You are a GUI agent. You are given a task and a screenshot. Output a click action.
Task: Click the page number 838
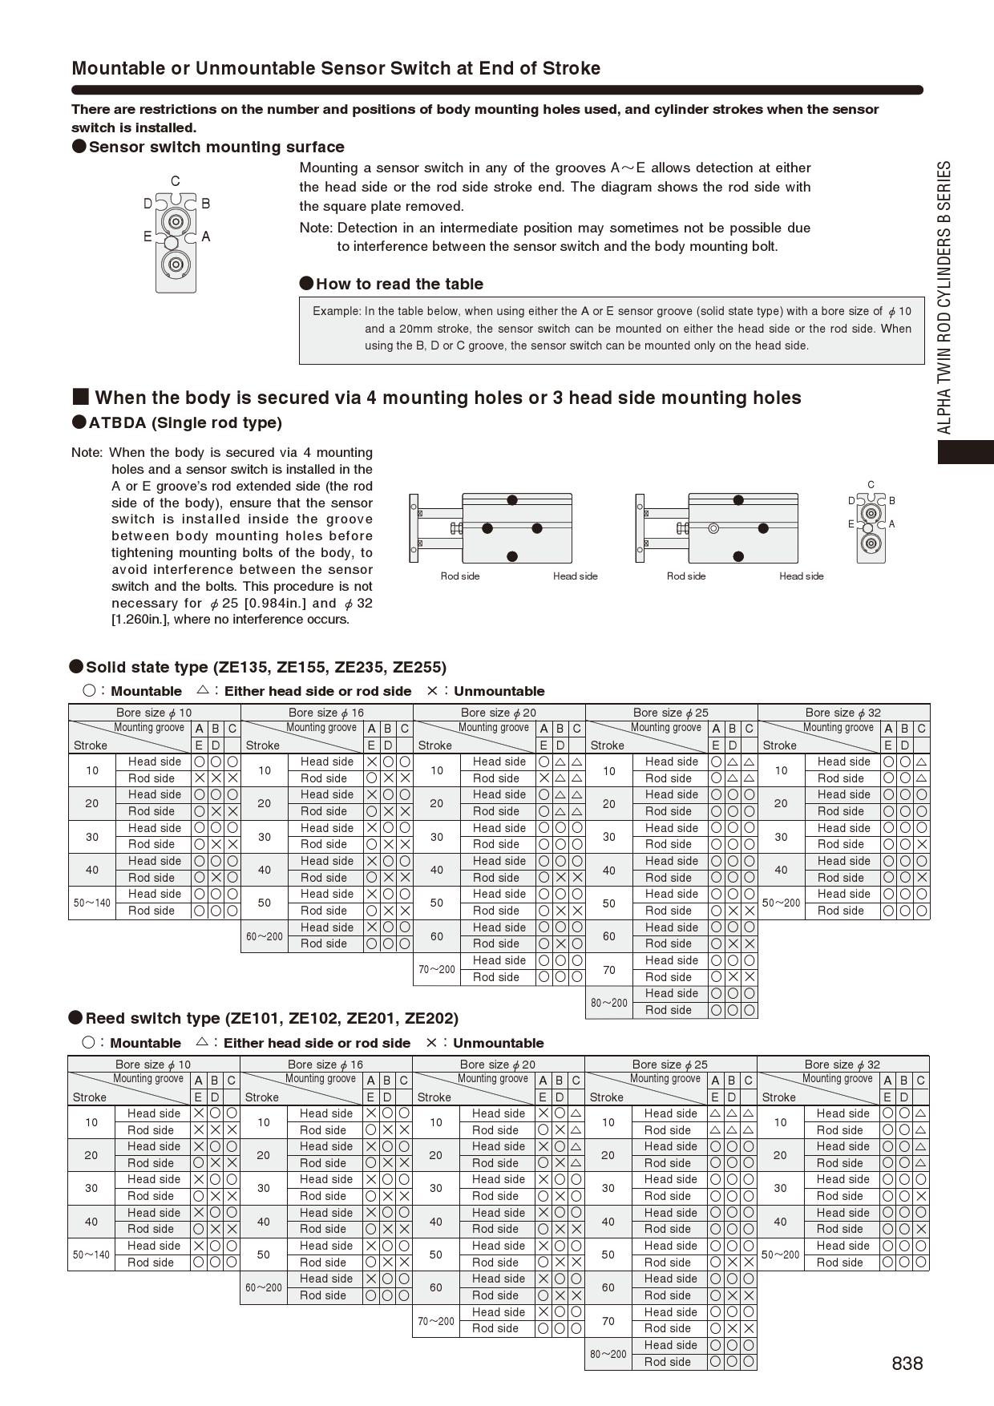click(907, 1364)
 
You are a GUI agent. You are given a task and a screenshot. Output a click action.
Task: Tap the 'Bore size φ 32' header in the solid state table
click(843, 712)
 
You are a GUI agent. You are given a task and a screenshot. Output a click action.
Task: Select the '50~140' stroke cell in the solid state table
click(92, 903)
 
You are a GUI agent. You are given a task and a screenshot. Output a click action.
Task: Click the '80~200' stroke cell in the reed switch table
click(608, 1354)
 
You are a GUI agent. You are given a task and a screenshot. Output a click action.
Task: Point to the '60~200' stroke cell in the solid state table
click(264, 935)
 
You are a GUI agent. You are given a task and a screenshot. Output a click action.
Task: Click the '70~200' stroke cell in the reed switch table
click(436, 1321)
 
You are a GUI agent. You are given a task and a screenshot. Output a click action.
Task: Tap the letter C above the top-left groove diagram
click(176, 181)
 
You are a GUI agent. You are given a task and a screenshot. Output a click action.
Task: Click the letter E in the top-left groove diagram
click(147, 236)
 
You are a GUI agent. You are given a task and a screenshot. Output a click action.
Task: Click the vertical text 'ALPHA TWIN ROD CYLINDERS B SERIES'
click(945, 297)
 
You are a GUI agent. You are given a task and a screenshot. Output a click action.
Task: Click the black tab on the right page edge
click(966, 452)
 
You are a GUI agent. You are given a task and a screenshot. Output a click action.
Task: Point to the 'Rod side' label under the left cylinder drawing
click(460, 576)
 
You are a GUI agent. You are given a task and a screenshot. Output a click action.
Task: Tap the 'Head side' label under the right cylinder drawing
click(801, 576)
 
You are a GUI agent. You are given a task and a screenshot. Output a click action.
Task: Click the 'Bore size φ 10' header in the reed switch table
click(153, 1064)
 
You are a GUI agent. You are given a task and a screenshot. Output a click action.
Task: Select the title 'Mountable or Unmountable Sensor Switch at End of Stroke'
click(336, 68)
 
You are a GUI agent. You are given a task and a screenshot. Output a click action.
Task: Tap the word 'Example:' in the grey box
click(337, 311)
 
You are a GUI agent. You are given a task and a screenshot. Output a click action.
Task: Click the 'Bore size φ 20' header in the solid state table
click(499, 712)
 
